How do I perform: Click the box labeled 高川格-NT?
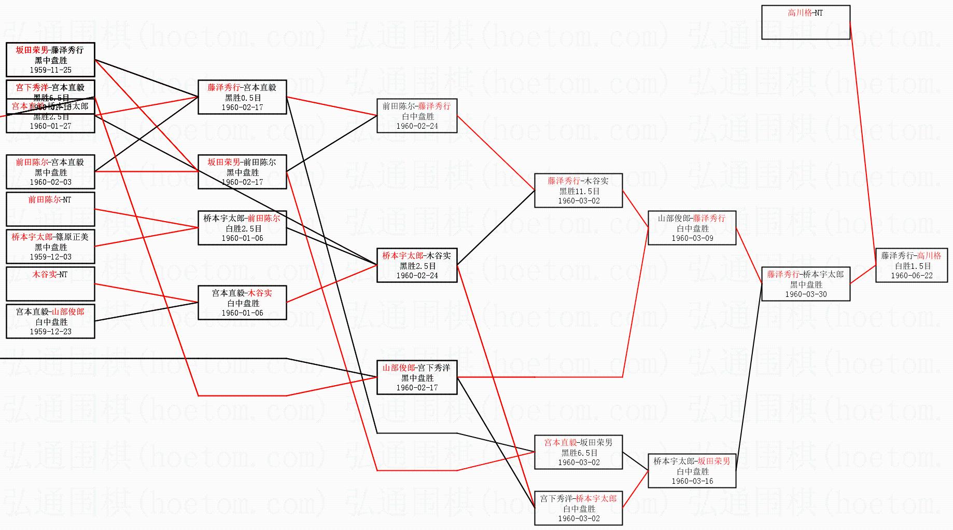point(805,22)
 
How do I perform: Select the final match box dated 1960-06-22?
point(912,265)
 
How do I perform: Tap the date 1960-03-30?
point(806,294)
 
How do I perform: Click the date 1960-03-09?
point(692,238)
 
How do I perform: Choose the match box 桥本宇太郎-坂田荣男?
point(692,471)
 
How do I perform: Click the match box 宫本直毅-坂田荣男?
point(578,452)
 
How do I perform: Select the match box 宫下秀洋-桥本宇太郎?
point(578,508)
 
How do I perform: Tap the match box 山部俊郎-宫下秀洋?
point(416,377)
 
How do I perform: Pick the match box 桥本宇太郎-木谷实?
point(416,265)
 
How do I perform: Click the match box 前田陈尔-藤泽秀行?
point(416,116)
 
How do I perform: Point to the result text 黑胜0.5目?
point(243,98)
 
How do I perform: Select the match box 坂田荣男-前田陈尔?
point(242,172)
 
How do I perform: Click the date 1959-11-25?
point(51,70)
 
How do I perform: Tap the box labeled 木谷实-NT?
point(50,283)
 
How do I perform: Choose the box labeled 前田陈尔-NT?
point(50,209)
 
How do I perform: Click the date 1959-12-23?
point(51,332)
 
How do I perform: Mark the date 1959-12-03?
point(51,257)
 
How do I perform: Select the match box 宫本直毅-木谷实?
point(242,303)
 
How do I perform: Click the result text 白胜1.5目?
point(912,266)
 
